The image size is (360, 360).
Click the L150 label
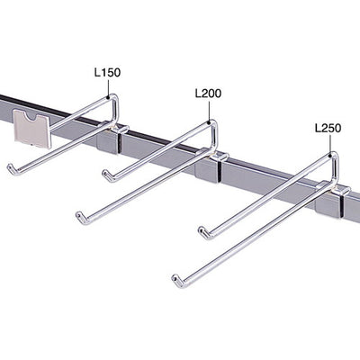(107, 73)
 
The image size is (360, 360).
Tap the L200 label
(208, 94)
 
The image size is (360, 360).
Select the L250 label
(328, 129)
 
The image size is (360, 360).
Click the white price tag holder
(32, 129)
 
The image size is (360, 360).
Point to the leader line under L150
(108, 87)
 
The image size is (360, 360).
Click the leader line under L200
(209, 112)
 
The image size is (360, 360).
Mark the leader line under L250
(330, 145)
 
